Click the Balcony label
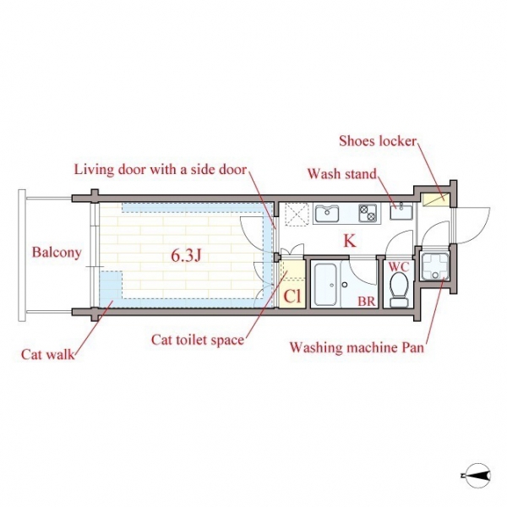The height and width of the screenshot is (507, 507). click(x=57, y=253)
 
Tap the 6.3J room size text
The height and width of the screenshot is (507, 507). click(x=186, y=256)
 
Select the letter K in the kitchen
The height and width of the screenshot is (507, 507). click(x=350, y=241)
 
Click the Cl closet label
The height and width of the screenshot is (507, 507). click(x=292, y=296)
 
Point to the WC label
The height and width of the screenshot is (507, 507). click(x=399, y=267)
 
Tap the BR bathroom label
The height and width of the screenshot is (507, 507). click(x=367, y=302)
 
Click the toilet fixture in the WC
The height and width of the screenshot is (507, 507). click(x=400, y=290)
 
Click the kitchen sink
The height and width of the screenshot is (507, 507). click(x=327, y=213)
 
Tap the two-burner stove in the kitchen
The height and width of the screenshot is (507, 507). click(x=368, y=214)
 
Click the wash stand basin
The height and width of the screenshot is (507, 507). click(x=401, y=212)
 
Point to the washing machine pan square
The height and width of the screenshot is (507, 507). click(x=435, y=266)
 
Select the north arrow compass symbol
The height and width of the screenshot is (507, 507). click(x=476, y=476)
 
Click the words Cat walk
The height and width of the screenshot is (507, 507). click(x=48, y=355)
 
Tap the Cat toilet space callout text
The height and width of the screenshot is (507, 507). click(x=198, y=341)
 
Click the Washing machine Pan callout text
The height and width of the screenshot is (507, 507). click(x=357, y=348)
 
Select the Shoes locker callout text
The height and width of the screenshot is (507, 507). click(x=378, y=141)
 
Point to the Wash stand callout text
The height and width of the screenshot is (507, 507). click(x=342, y=174)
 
